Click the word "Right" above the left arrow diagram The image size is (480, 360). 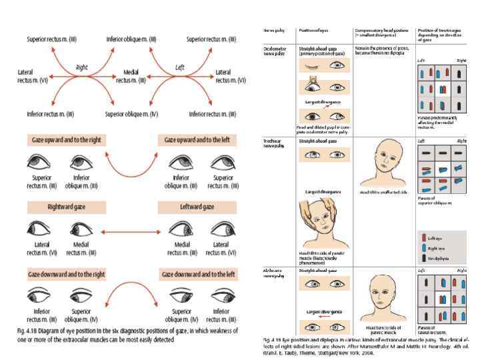82,67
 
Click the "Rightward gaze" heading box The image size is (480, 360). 63,207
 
